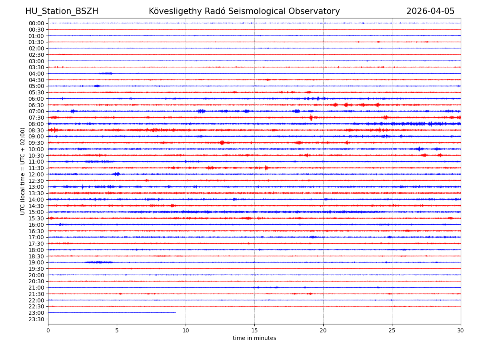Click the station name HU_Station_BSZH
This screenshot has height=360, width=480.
coord(62,11)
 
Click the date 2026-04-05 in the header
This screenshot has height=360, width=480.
coord(430,11)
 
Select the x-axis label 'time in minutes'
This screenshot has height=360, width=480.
coord(254,338)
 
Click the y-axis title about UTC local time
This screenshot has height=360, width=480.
coord(23,171)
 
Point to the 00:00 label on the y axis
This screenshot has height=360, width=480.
coord(36,23)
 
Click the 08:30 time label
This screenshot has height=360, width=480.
coord(36,130)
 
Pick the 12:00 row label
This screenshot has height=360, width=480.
coord(36,174)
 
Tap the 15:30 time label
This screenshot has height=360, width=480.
coord(36,218)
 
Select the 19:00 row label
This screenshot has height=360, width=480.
coord(36,262)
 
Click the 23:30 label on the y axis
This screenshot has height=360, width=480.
coord(36,319)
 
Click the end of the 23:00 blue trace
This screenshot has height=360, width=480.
coord(175,313)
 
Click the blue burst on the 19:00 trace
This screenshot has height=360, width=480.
coord(99,262)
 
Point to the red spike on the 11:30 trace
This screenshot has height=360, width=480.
coord(266,168)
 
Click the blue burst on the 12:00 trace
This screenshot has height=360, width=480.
coord(116,174)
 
